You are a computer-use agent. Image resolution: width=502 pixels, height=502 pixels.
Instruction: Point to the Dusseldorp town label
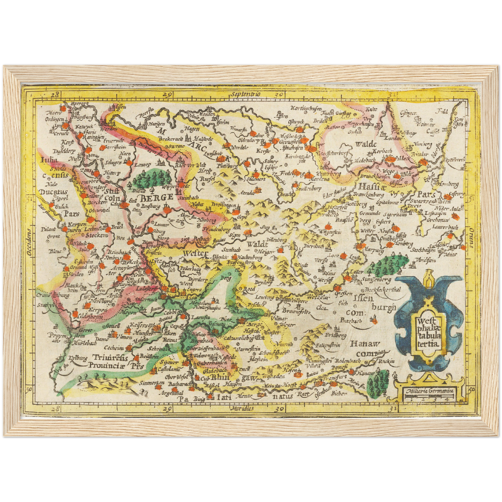[64, 151]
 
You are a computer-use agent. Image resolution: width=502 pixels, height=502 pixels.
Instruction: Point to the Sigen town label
[235, 235]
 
